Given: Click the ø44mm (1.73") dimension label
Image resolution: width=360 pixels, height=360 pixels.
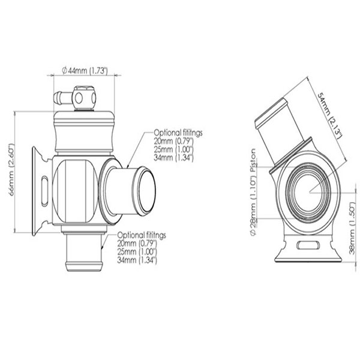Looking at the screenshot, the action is [85, 71].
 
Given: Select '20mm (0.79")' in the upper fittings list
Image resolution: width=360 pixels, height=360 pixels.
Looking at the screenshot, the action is [173, 142].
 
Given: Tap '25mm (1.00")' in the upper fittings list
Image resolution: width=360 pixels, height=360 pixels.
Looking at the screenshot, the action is [173, 151].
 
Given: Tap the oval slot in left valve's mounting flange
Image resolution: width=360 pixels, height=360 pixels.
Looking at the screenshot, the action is [46, 187].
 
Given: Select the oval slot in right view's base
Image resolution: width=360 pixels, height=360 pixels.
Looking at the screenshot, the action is [308, 245].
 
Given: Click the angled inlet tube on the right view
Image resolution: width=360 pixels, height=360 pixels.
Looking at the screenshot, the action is [275, 135].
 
